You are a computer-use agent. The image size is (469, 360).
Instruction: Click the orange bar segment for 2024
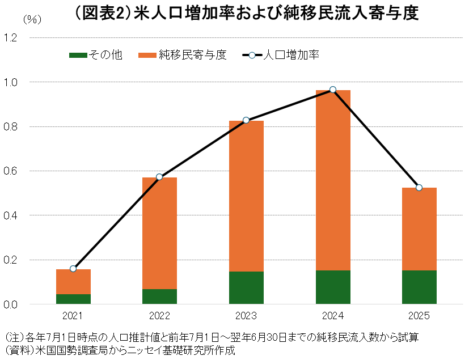click(333, 180)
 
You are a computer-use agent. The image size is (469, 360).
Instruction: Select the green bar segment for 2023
click(246, 287)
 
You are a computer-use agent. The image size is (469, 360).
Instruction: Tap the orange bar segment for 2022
click(159, 233)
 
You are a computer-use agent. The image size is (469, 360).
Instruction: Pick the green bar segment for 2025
click(419, 287)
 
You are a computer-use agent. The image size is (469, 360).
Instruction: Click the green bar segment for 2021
click(73, 299)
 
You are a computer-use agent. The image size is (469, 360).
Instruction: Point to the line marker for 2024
click(333, 90)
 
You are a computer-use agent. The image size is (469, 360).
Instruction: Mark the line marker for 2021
click(73, 269)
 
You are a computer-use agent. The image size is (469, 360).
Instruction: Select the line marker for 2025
click(419, 188)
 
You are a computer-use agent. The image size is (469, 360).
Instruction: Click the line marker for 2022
click(159, 177)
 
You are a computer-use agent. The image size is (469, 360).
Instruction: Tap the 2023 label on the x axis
click(246, 316)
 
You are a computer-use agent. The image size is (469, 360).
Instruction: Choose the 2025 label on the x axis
click(419, 316)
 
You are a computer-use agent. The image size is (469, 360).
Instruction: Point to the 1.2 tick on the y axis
click(11, 38)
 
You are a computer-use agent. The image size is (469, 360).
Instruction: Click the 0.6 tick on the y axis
click(11, 171)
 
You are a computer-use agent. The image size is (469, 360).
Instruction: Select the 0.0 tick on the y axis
click(11, 304)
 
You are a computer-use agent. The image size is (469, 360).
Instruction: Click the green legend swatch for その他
click(78, 55)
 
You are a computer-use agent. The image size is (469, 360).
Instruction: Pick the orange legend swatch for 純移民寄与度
click(147, 55)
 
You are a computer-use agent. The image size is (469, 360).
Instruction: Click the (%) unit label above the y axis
click(32, 19)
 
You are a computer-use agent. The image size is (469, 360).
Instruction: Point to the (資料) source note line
click(119, 350)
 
